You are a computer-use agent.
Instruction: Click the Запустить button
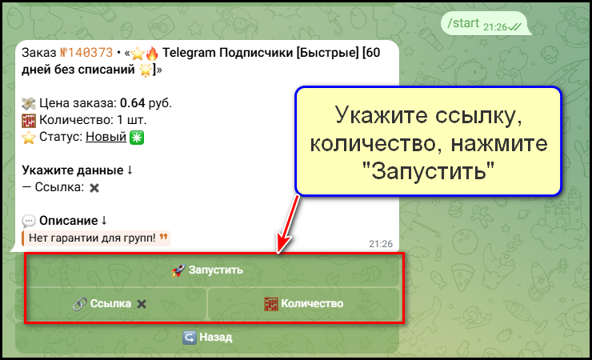pos(208,270)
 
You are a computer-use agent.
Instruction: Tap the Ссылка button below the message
pos(110,303)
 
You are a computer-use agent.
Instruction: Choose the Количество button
pos(304,303)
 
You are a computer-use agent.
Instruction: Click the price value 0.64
pos(132,103)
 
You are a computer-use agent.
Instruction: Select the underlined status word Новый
pos(106,137)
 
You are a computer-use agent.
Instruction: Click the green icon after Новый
pos(136,137)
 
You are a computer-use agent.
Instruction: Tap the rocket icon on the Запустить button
pos(178,270)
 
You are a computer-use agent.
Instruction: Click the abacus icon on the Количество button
pos(272,303)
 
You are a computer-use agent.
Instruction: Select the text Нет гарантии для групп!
pos(92,238)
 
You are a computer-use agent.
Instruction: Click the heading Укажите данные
pos(72,170)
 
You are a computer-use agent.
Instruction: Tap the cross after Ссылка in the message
pos(94,187)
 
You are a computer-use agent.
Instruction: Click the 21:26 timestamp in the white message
pos(381,243)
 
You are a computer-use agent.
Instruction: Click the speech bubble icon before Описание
pos(29,221)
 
